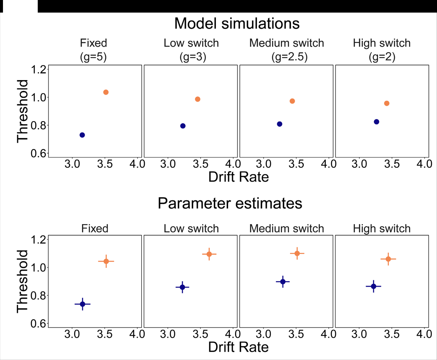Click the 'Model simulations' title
click(x=237, y=24)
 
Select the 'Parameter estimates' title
click(x=230, y=203)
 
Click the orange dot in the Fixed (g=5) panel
click(x=106, y=92)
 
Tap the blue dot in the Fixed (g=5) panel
click(x=82, y=135)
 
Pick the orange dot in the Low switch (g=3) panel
click(x=198, y=99)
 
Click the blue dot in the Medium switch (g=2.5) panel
click(x=280, y=124)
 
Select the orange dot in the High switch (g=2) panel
click(x=387, y=103)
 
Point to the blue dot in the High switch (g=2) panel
click(x=376, y=122)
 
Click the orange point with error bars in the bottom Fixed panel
click(x=106, y=261)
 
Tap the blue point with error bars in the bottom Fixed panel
click(x=82, y=304)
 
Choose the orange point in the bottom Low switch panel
click(x=209, y=254)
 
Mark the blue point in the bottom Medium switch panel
click(x=283, y=282)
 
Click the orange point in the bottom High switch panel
click(x=388, y=259)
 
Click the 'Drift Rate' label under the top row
click(x=238, y=177)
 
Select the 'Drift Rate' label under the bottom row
click(x=238, y=347)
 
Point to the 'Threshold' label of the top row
click(x=23, y=111)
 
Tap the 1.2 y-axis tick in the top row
click(x=38, y=70)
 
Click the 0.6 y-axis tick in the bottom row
click(x=38, y=324)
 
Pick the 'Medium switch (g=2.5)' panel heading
click(x=287, y=50)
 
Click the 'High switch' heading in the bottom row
click(x=382, y=229)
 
